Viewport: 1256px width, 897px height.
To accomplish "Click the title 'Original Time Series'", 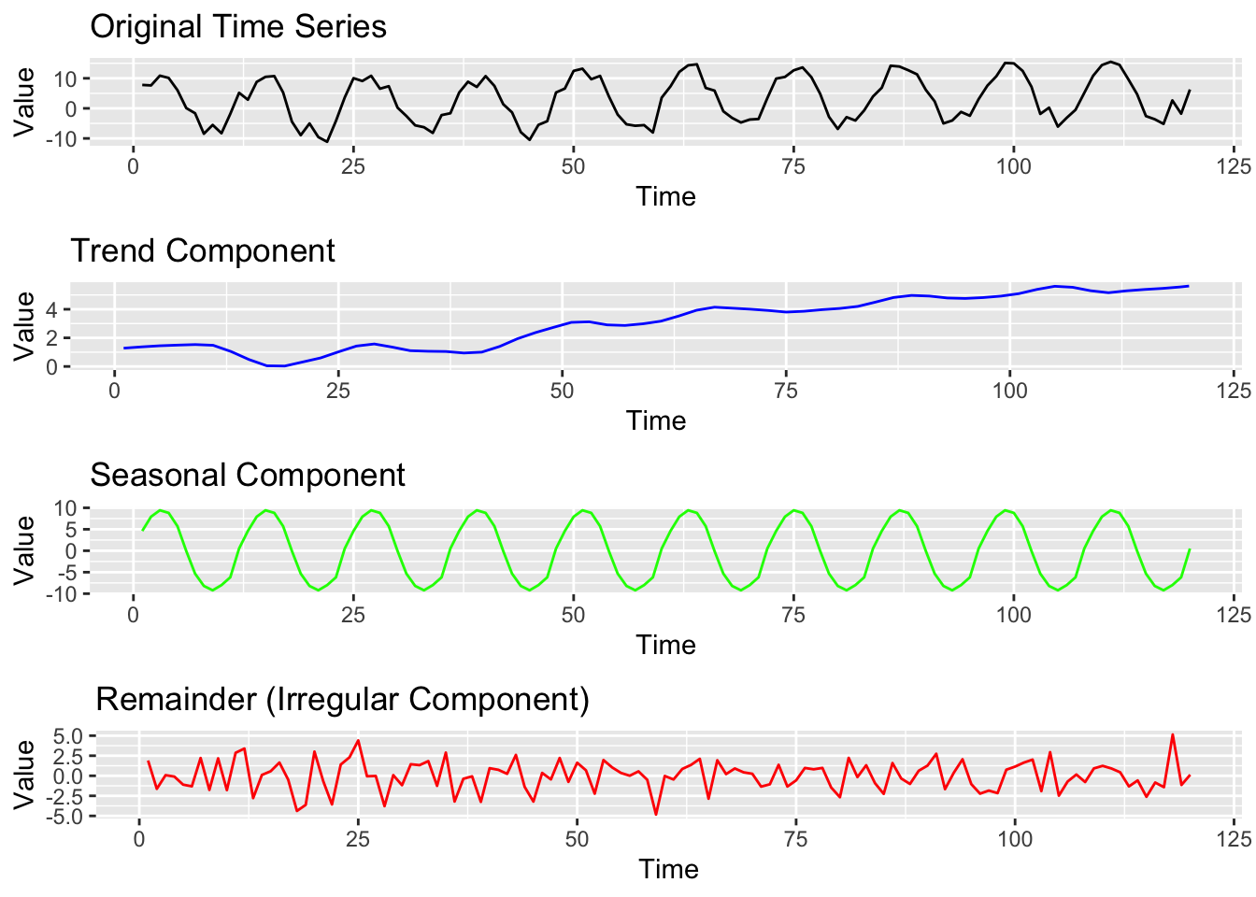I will [x=237, y=26].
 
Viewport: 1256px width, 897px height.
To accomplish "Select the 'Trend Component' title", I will [x=203, y=250].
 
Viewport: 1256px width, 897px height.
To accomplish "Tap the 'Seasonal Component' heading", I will [x=247, y=475].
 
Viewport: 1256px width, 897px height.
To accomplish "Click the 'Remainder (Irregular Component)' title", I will [x=342, y=699].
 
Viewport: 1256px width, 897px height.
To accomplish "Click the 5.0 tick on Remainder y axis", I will [x=68, y=736].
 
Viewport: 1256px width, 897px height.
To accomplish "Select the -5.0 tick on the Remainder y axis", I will [x=65, y=817].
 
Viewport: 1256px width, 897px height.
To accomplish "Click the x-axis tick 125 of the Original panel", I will [x=1235, y=166].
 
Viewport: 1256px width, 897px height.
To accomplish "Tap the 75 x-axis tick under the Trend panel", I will [x=786, y=391].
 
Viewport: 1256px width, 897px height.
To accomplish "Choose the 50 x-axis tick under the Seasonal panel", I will [x=573, y=615].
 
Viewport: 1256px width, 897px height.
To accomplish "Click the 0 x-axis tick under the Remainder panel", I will [x=138, y=839].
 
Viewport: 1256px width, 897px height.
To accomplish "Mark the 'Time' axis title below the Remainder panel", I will [x=668, y=869].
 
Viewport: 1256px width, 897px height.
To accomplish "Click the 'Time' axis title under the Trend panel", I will [x=656, y=420].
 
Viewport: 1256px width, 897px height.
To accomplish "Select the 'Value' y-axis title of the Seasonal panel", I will [x=24, y=550].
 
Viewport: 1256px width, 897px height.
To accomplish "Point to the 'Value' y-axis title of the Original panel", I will [x=24, y=102].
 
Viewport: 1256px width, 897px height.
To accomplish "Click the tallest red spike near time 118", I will [x=1173, y=734].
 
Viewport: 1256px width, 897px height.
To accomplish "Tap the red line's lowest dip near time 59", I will [x=656, y=815].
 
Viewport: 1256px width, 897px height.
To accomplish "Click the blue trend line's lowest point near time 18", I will [x=276, y=366].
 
